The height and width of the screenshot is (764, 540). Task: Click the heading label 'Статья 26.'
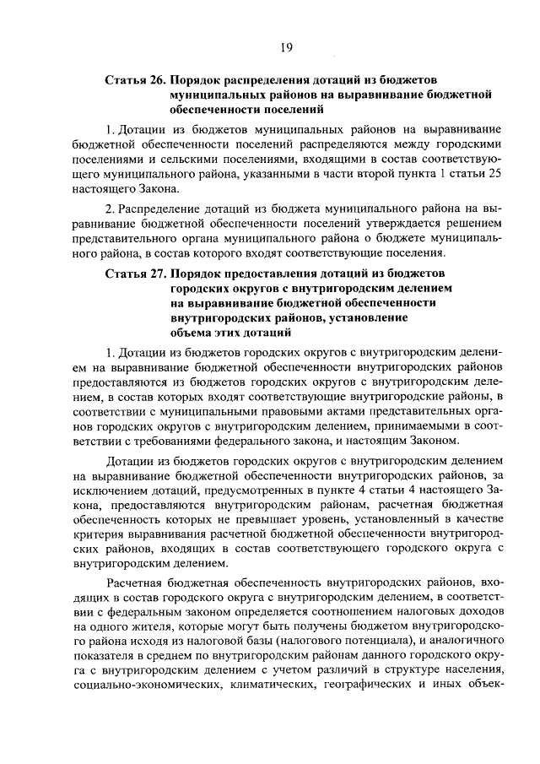pyautogui.click(x=135, y=79)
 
